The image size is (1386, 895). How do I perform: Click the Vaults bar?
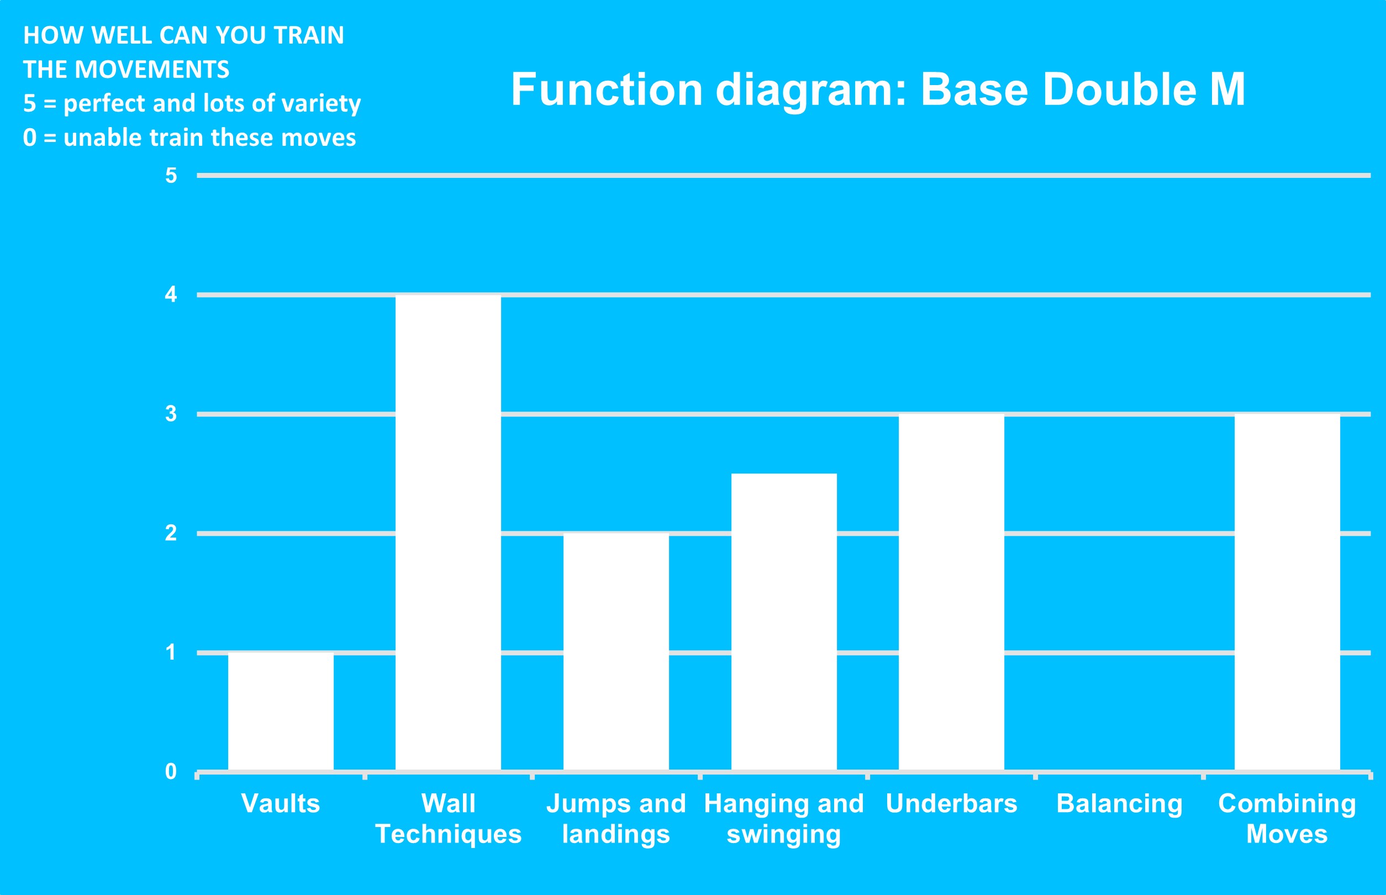(281, 712)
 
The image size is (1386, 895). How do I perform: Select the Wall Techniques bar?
(448, 534)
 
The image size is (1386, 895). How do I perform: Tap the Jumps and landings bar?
(616, 652)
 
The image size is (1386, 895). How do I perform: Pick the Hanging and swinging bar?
(784, 623)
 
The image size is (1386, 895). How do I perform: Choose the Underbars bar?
(951, 593)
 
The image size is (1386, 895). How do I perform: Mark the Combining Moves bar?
(1287, 593)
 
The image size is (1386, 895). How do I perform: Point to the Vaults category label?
(281, 803)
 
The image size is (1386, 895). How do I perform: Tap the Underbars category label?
(951, 803)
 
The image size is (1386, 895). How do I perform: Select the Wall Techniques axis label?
(448, 818)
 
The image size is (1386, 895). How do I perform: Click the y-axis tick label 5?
(171, 176)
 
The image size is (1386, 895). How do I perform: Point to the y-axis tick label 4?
(171, 294)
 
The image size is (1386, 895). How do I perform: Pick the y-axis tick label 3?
(171, 414)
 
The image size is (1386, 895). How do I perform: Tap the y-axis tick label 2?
(171, 533)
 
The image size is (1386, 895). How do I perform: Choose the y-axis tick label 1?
(171, 652)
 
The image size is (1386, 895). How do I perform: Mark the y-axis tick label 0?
(171, 771)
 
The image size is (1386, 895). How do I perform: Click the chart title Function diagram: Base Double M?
(878, 90)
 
